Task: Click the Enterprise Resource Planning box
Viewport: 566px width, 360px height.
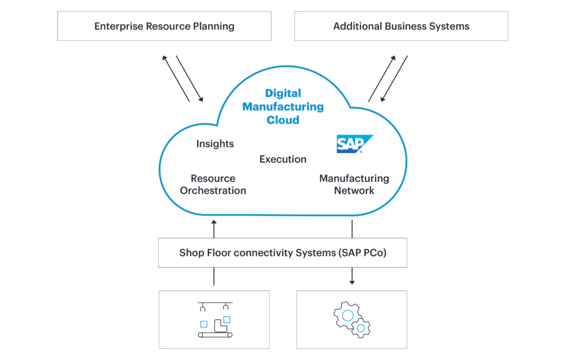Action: [x=164, y=26]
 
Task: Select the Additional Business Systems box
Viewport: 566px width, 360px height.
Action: [x=401, y=26]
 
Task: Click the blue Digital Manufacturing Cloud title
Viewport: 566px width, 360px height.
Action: [x=283, y=106]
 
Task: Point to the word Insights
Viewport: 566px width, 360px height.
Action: [x=215, y=144]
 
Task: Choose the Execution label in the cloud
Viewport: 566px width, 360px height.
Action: [x=283, y=159]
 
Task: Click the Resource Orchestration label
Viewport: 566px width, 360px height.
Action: [x=213, y=185]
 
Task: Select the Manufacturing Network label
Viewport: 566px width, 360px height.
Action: [x=354, y=185]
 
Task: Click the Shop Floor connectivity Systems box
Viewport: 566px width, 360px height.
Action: [x=282, y=253]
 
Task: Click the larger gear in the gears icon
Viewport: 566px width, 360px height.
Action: [x=347, y=315]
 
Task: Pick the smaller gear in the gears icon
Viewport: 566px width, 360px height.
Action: [x=361, y=328]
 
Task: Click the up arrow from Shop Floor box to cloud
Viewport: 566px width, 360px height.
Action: [x=214, y=228]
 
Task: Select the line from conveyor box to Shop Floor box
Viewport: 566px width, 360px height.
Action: [x=214, y=279]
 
